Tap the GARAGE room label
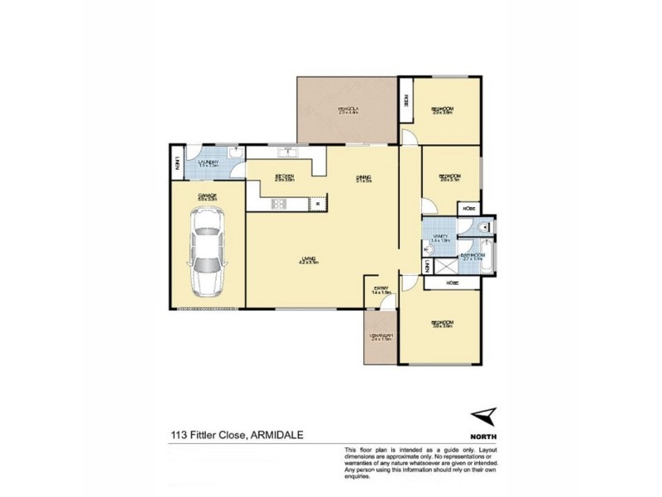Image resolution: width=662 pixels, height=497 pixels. pos(207,196)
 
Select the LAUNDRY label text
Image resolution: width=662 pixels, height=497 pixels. pos(208,163)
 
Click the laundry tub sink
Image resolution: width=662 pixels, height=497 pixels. pos(234,152)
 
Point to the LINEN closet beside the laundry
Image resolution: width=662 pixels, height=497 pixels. pos(177,165)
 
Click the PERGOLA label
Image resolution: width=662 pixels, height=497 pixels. pos(348,109)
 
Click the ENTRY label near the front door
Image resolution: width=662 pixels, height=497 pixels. pos(381,289)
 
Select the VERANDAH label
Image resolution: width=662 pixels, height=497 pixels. pos(380,335)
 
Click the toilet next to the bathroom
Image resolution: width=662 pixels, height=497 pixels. pos(484,225)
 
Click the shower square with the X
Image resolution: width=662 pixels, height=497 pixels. pos(448,267)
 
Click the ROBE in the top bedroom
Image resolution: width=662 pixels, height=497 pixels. pos(406,100)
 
